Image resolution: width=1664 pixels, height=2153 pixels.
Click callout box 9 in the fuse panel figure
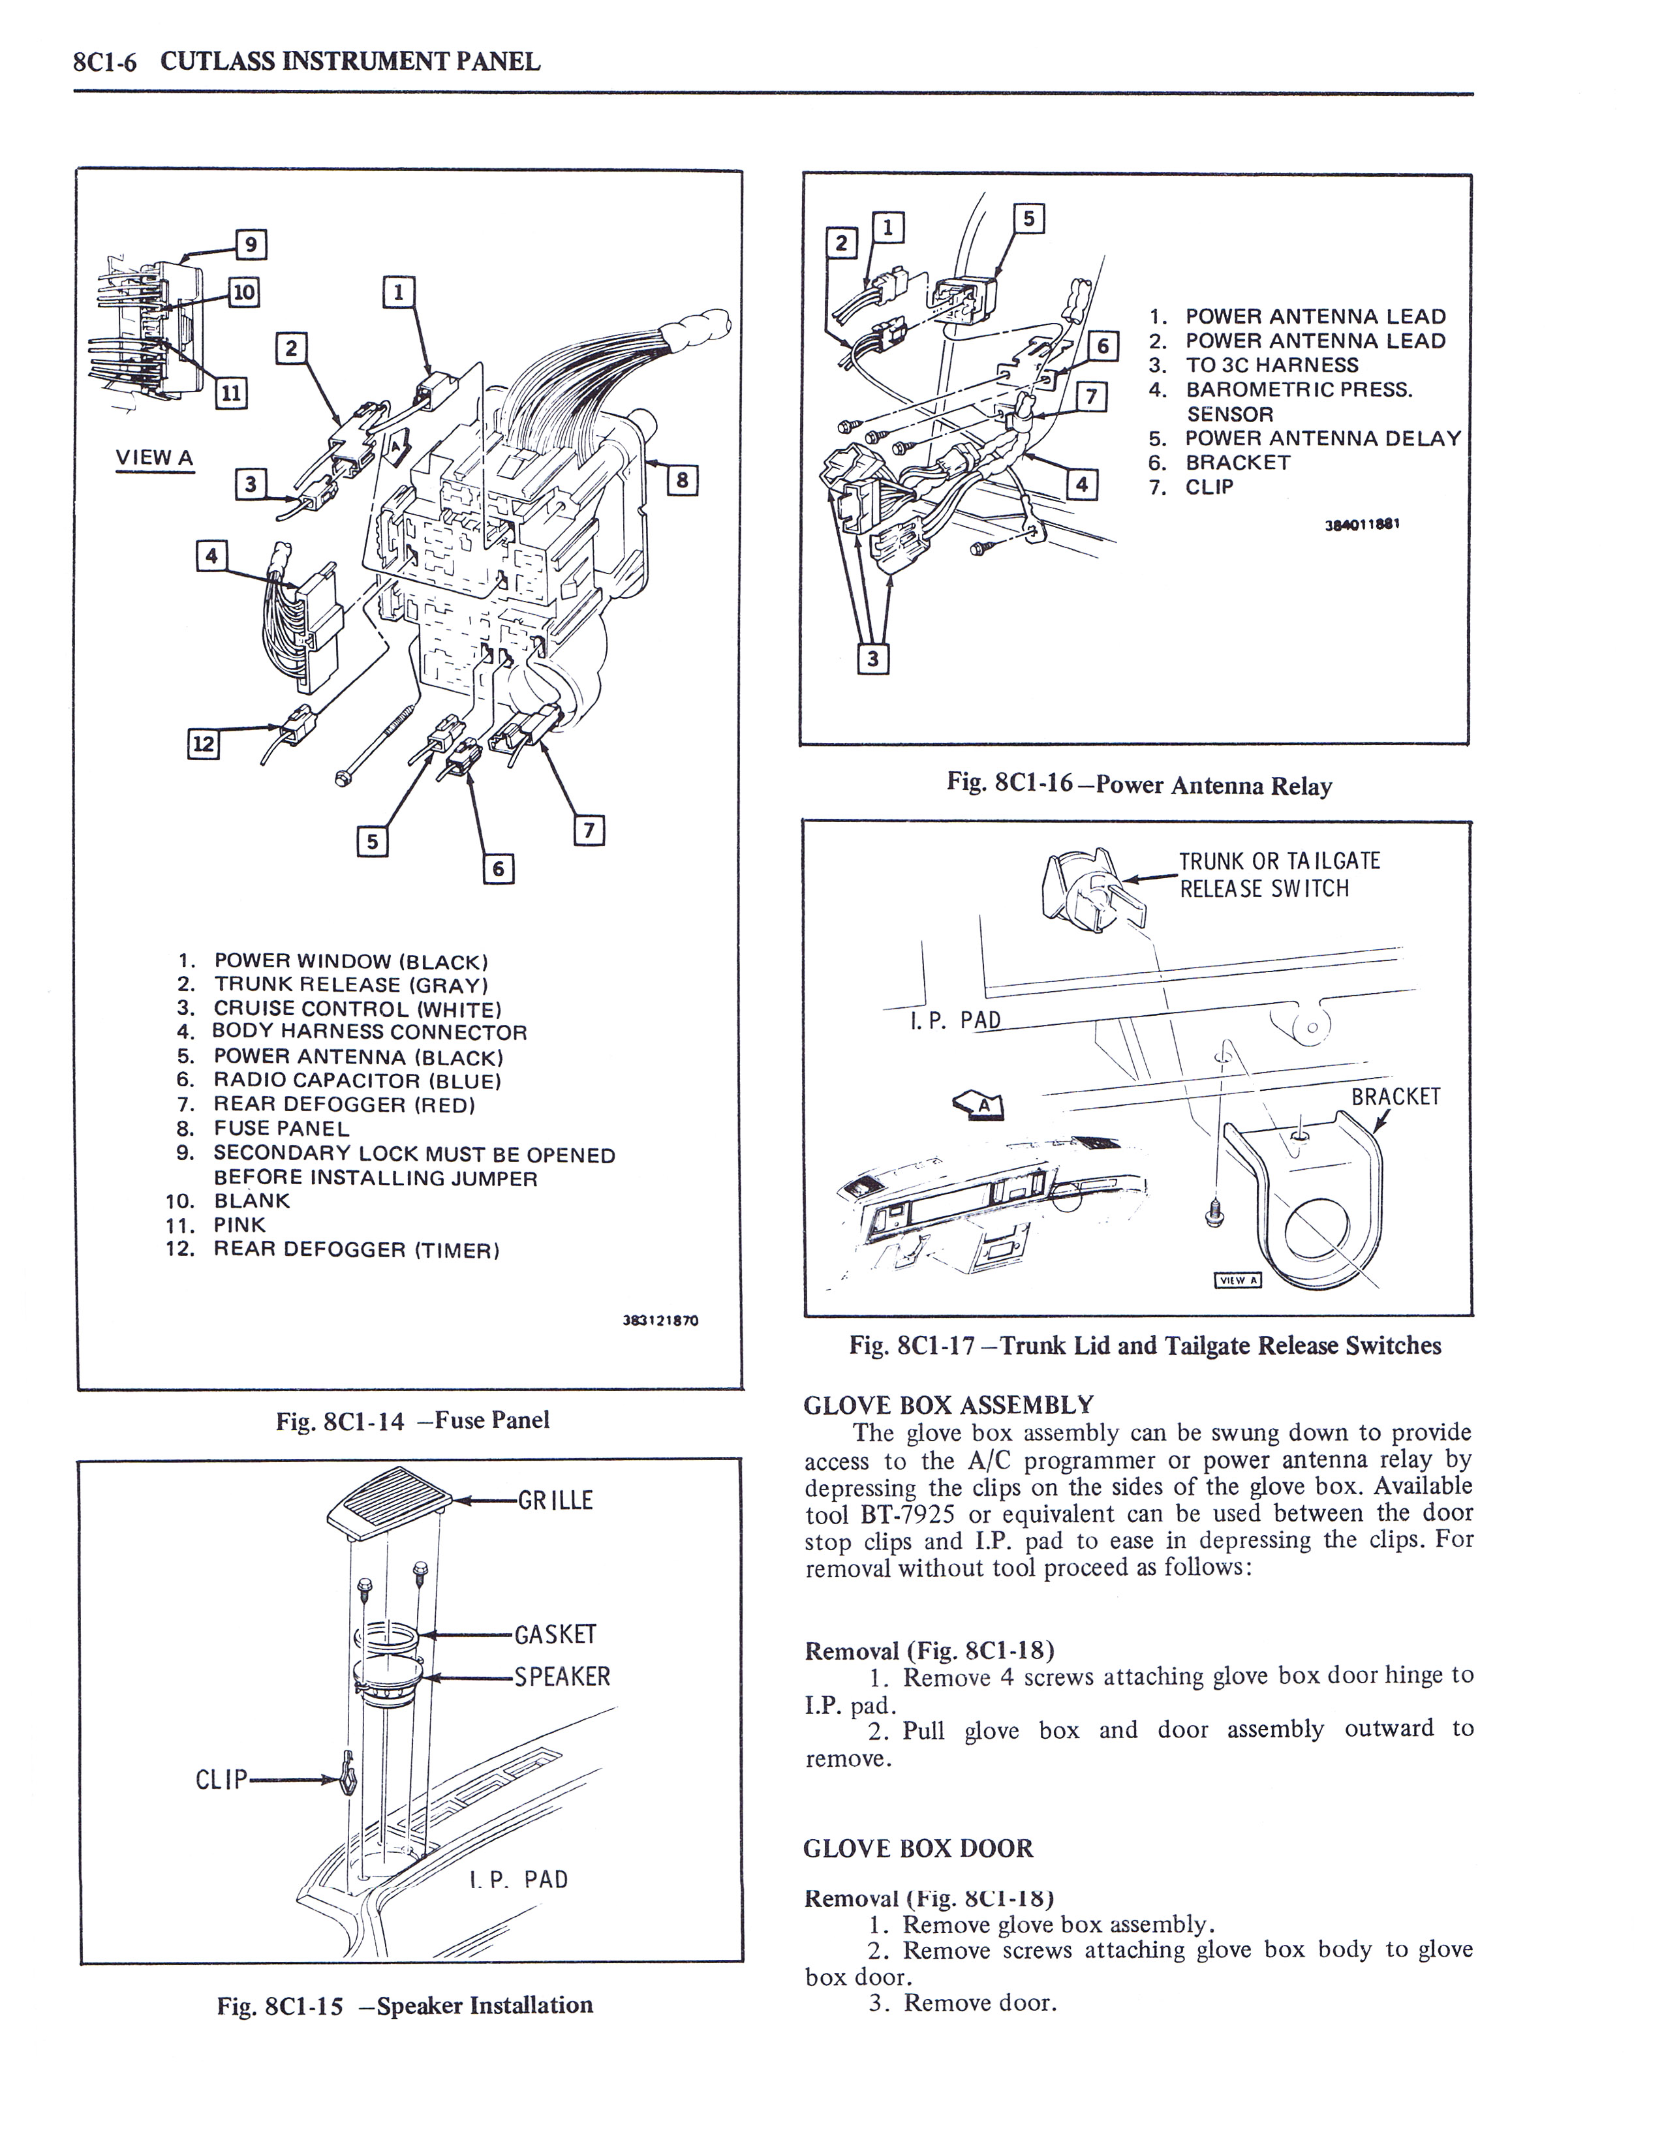coord(251,243)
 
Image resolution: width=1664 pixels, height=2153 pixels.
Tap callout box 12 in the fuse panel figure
coord(203,743)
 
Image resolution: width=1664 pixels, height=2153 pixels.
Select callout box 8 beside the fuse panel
coord(682,481)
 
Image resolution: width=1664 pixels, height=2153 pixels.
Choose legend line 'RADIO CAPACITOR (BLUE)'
coord(357,1080)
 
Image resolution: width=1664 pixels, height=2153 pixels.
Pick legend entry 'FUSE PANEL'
coord(281,1129)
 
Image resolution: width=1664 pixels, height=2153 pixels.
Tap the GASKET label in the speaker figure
coord(555,1634)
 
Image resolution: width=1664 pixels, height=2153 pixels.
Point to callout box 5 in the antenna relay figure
coord(1028,219)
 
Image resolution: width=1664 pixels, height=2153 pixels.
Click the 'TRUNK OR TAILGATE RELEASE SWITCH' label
coord(1278,874)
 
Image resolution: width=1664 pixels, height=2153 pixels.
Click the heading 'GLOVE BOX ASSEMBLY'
coord(948,1405)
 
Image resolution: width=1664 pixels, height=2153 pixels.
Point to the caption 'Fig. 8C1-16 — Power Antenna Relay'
coord(1139,785)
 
